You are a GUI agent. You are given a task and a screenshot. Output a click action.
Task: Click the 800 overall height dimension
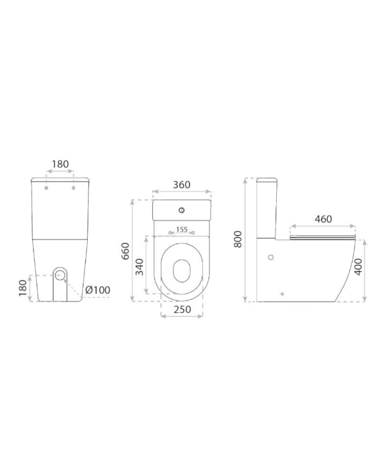pyautogui.click(x=238, y=239)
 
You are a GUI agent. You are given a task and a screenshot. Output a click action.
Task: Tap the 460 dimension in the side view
pyautogui.click(x=324, y=219)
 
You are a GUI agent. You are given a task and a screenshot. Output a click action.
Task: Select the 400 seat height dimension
pyautogui.click(x=358, y=267)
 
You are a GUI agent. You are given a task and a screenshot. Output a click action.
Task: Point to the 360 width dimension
pyautogui.click(x=181, y=185)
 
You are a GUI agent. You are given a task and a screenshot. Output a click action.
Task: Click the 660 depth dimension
pyautogui.click(x=125, y=251)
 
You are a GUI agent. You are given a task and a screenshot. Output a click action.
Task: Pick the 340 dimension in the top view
pyautogui.click(x=139, y=267)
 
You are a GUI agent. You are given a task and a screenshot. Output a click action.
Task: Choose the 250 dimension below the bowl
pyautogui.click(x=182, y=309)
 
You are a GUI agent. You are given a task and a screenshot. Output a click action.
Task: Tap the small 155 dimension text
pyautogui.click(x=182, y=229)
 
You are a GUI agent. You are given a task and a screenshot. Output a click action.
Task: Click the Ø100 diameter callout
pyautogui.click(x=97, y=290)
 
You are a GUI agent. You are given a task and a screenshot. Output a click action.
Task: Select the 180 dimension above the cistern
pyautogui.click(x=61, y=164)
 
